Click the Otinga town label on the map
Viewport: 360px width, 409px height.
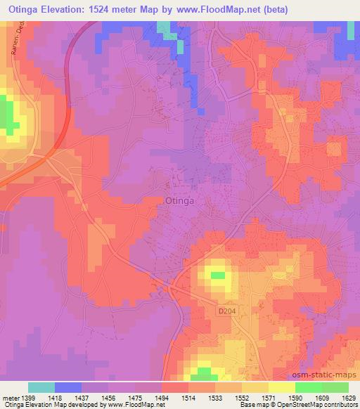pos(185,200)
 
